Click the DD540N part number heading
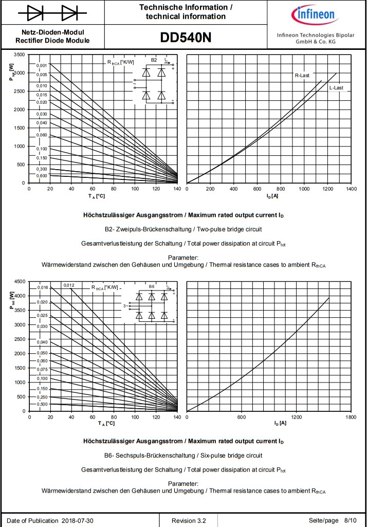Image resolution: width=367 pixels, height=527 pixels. tap(186, 38)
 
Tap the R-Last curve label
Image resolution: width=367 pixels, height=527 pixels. tap(302, 76)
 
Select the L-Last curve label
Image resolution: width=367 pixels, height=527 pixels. tap(336, 88)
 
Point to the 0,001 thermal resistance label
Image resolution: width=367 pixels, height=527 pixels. tap(42, 65)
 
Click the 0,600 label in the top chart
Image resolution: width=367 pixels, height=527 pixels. tap(42, 176)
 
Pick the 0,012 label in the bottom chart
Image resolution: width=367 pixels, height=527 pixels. tap(69, 285)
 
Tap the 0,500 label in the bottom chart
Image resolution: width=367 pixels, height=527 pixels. tap(42, 404)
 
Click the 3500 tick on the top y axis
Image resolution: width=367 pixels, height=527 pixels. tap(19, 54)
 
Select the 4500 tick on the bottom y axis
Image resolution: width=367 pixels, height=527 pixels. tap(19, 282)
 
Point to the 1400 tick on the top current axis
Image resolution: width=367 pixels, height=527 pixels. tap(352, 189)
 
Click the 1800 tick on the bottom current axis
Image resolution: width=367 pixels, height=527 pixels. tap(351, 417)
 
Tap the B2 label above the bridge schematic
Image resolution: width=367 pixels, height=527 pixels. tap(154, 60)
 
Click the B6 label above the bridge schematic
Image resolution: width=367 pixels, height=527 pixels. tap(151, 286)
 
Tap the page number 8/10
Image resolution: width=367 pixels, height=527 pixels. tap(350, 521)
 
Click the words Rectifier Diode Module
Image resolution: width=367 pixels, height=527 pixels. tap(52, 41)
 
